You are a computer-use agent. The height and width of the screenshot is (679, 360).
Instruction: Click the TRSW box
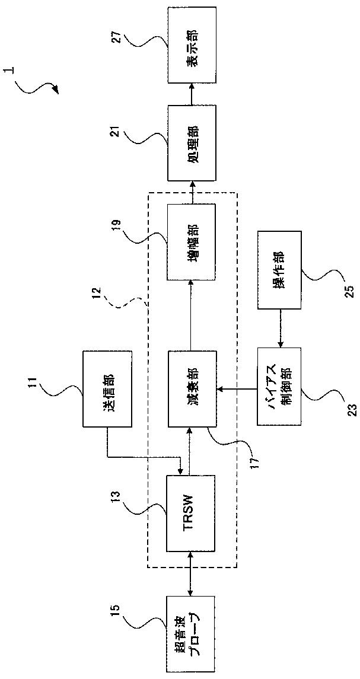click(192, 514)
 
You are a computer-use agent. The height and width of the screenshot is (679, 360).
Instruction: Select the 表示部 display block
click(192, 45)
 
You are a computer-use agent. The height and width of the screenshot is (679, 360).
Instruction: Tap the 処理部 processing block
click(192, 142)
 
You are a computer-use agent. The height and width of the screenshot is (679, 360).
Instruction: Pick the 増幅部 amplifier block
click(192, 242)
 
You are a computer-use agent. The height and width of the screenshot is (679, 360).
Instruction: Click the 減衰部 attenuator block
click(192, 388)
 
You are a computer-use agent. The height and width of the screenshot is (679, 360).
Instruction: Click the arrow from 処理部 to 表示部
click(192, 94)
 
